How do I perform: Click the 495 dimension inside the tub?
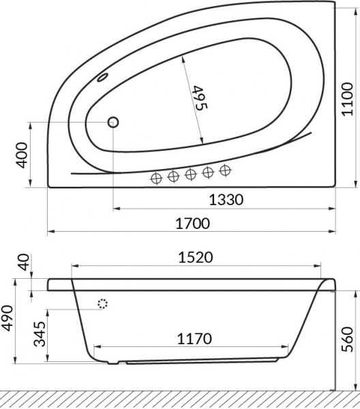(198, 99)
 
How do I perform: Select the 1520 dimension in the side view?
(196, 257)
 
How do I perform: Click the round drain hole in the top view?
(112, 122)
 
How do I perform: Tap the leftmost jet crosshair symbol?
(156, 177)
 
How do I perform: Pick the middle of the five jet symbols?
(191, 175)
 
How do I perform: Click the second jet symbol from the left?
(173, 177)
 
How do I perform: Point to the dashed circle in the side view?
(103, 305)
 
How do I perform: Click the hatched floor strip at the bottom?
(180, 401)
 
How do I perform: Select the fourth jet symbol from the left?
(209, 173)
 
